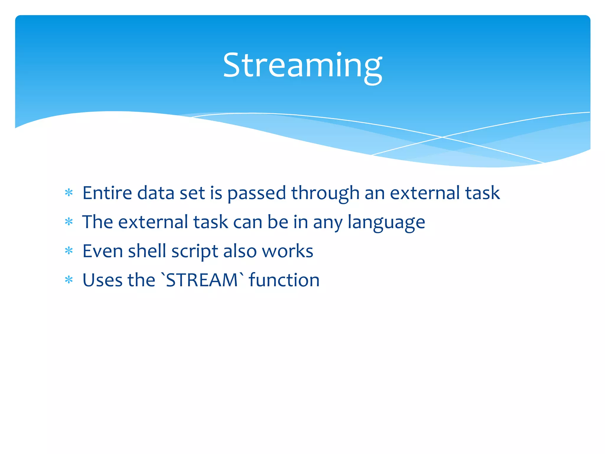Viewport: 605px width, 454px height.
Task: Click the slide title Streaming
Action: click(x=302, y=66)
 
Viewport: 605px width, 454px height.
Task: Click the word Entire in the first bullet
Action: click(x=107, y=193)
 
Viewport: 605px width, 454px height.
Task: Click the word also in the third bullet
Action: click(x=240, y=251)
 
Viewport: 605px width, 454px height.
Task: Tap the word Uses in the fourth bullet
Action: click(x=102, y=280)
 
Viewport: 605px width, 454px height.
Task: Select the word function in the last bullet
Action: click(x=284, y=280)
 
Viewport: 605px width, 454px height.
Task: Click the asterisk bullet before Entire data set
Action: click(x=69, y=193)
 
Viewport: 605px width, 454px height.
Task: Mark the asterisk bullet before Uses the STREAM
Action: click(x=69, y=280)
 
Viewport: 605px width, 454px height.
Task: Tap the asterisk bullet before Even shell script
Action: click(x=69, y=251)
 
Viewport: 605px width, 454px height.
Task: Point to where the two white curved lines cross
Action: click(x=442, y=137)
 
